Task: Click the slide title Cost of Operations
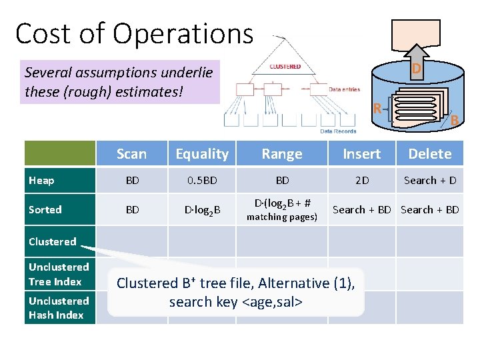pyautogui.click(x=134, y=33)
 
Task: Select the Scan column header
pyautogui.click(x=131, y=154)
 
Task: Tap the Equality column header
pyautogui.click(x=202, y=154)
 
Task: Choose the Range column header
pyautogui.click(x=281, y=154)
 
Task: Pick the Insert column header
pyautogui.click(x=361, y=154)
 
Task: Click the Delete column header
pyautogui.click(x=429, y=154)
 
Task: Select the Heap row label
pyautogui.click(x=41, y=181)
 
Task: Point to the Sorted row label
pyautogui.click(x=45, y=209)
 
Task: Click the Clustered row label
pyautogui.click(x=52, y=241)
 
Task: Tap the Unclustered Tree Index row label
pyautogui.click(x=59, y=274)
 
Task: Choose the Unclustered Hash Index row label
pyautogui.click(x=59, y=307)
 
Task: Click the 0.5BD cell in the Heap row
pyautogui.click(x=202, y=181)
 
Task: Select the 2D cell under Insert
pyautogui.click(x=361, y=181)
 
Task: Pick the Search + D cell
pyautogui.click(x=429, y=181)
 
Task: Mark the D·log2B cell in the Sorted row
pyautogui.click(x=202, y=210)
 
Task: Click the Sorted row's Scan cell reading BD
pyautogui.click(x=132, y=209)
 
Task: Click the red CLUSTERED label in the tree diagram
pyautogui.click(x=285, y=67)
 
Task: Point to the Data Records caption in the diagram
pyautogui.click(x=338, y=131)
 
